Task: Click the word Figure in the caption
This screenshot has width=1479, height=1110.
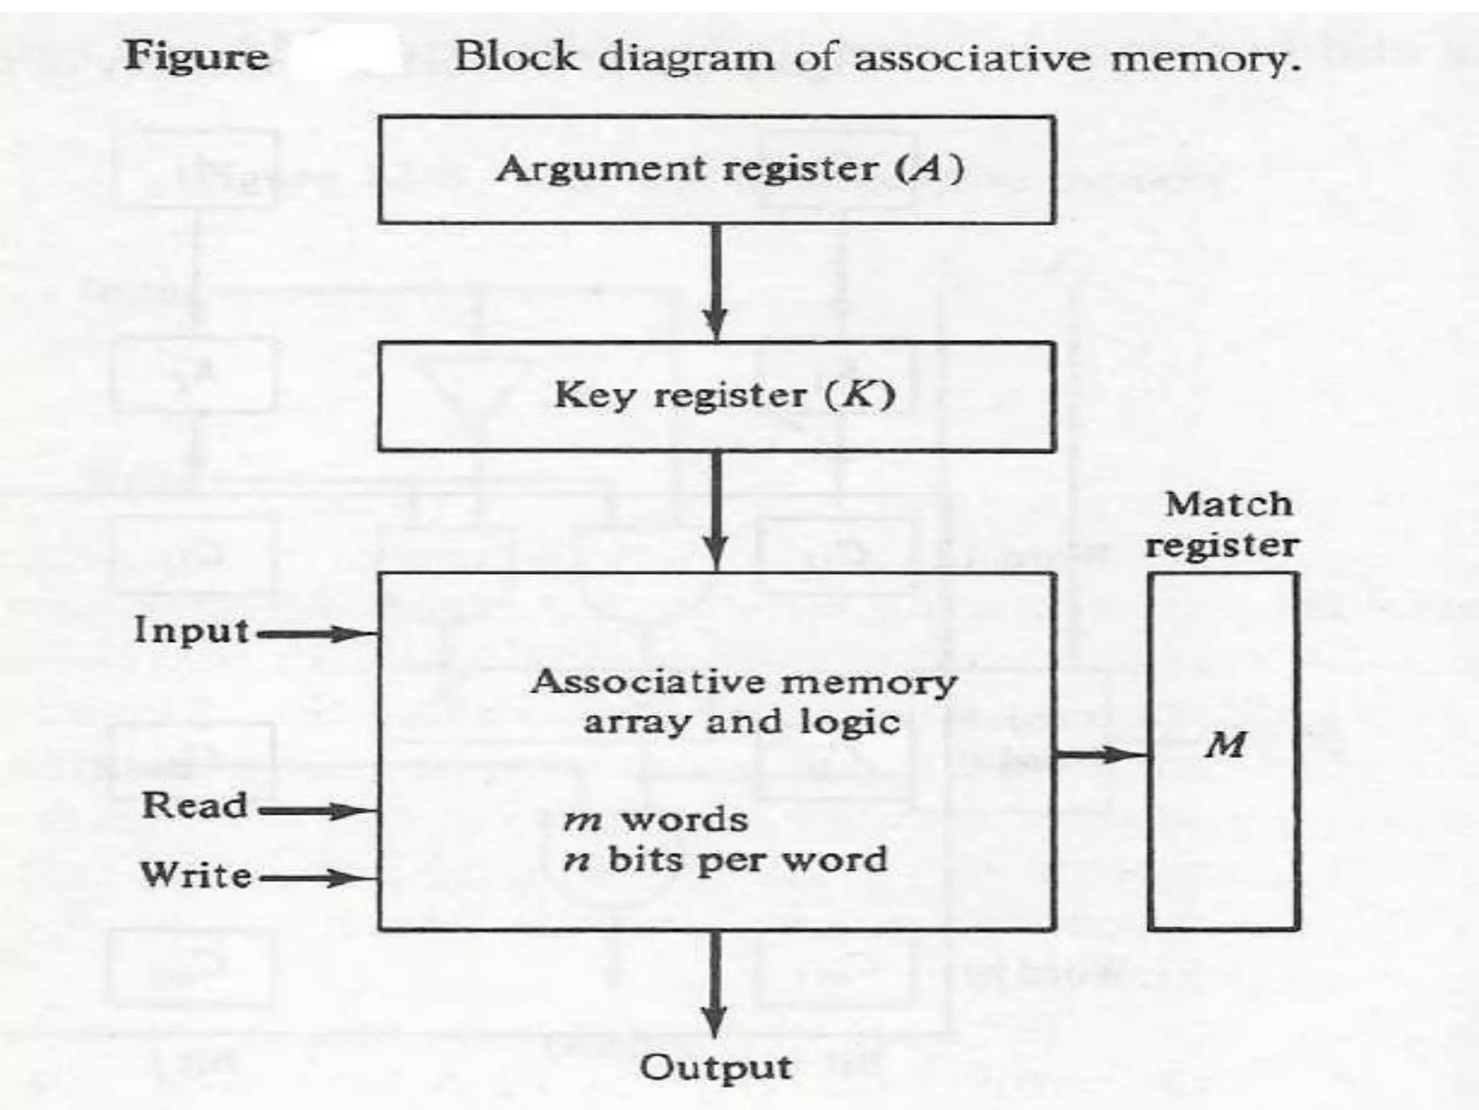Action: tap(196, 57)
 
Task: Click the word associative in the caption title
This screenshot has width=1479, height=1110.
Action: tap(972, 58)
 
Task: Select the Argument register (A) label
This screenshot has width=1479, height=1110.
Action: tap(729, 169)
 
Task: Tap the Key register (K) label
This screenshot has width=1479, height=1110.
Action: tap(724, 395)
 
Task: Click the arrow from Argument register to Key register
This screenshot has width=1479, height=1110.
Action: tap(715, 282)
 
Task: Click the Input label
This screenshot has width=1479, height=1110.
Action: tap(191, 630)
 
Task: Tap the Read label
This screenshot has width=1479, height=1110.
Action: tap(194, 805)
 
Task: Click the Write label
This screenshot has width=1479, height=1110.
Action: tap(196, 874)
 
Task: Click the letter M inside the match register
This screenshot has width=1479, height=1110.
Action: tap(1225, 744)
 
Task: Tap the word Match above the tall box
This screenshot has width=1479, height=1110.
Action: tap(1228, 504)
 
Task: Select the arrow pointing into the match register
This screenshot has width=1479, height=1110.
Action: tap(1101, 756)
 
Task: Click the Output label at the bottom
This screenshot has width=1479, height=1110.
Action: tap(716, 1067)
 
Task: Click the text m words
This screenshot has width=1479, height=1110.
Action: tap(655, 819)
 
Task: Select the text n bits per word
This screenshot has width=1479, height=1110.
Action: tap(725, 860)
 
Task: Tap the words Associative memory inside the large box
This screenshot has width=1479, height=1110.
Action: tap(744, 681)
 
